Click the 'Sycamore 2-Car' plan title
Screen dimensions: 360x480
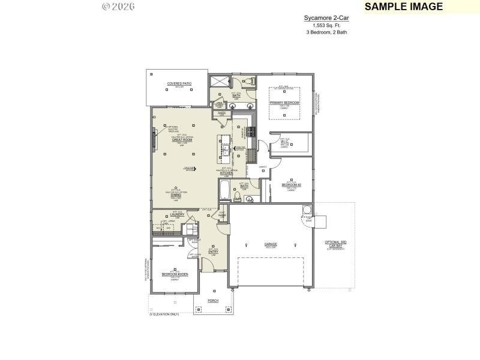tap(325, 19)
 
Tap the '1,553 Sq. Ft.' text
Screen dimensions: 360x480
tap(325, 25)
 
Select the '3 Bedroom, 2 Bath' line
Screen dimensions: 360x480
tap(325, 32)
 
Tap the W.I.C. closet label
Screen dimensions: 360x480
tap(285, 142)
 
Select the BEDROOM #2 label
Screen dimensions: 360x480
tap(291, 185)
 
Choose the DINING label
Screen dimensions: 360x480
tap(176, 194)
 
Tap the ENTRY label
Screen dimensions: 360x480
tap(212, 251)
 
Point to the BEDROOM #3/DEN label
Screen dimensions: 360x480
tap(175, 274)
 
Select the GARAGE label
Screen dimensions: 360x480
tap(271, 244)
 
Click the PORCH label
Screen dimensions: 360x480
tap(212, 300)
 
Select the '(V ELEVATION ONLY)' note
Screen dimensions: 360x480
tap(164, 314)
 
